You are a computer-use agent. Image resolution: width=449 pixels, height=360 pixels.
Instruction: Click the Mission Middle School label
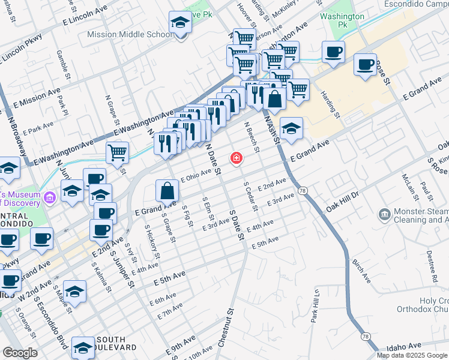pos(130,34)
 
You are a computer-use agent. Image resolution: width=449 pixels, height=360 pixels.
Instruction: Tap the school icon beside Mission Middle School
pos(179,23)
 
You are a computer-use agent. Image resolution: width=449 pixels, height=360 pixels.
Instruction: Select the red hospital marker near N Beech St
pos(237,158)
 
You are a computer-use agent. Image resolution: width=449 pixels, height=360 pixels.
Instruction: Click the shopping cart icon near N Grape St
pos(118,152)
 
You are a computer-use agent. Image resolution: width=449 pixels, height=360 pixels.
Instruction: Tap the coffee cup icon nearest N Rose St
pos(364,65)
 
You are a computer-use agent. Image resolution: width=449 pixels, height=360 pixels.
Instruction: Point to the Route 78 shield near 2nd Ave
pos(303,190)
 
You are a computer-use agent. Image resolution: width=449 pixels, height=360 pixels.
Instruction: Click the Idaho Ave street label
pos(405,347)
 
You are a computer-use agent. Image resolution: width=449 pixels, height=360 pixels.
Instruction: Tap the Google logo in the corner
pos(20,353)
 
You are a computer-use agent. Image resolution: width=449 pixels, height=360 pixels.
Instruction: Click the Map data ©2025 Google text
pos(412,355)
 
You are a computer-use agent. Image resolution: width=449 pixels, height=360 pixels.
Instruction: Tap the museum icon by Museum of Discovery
pos(50,195)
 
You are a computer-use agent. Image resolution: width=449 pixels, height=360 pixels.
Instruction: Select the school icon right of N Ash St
pos(291,129)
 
